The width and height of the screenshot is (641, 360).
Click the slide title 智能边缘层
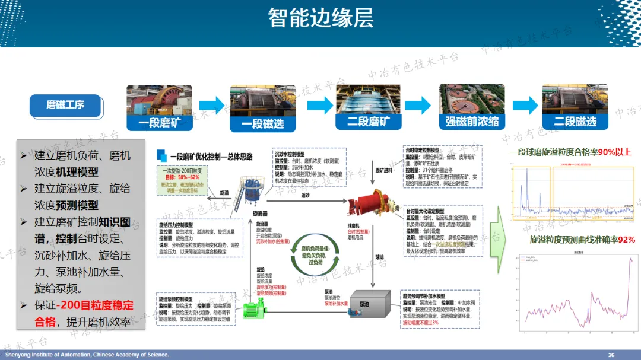click(x=320, y=18)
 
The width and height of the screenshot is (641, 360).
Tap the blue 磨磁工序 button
click(x=65, y=106)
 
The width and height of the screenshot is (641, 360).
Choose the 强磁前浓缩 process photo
click(x=472, y=107)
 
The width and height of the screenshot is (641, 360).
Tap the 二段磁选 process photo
click(x=575, y=107)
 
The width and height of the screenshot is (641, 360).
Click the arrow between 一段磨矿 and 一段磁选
click(x=212, y=106)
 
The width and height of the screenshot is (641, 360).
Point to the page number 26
click(x=611, y=355)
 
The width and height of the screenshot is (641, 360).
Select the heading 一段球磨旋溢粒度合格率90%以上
click(x=570, y=152)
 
